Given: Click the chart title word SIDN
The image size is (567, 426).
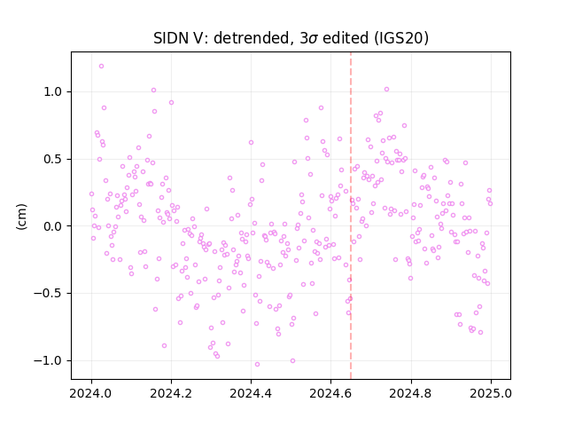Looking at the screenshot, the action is (x=169, y=38).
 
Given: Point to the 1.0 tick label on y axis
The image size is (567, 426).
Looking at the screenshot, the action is (x=53, y=92).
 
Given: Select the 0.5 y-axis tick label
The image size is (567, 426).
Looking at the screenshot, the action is (x=53, y=160).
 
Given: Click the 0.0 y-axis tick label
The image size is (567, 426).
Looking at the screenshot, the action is (x=53, y=226).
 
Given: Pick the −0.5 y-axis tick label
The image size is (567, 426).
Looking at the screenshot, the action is (x=49, y=294).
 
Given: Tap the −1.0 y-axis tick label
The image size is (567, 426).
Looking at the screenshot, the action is (x=49, y=361).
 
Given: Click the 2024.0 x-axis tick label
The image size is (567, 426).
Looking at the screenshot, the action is (x=91, y=393).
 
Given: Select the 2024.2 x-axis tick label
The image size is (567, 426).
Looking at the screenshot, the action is (x=171, y=393).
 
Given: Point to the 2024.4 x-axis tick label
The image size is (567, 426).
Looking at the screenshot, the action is (x=251, y=393).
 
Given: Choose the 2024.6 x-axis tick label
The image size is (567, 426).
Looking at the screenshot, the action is (x=330, y=393).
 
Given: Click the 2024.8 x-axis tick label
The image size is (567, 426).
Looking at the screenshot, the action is (x=410, y=393).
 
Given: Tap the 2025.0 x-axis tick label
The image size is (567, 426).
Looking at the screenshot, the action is (x=491, y=393).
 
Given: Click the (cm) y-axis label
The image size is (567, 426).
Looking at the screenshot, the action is (x=21, y=217).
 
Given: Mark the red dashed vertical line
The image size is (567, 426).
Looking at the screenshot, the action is (x=351, y=216).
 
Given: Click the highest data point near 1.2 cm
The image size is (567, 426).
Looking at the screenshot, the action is (x=101, y=67).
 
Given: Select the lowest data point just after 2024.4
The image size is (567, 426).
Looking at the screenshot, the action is (x=257, y=365).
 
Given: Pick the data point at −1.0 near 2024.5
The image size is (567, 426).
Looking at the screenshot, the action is (x=292, y=361).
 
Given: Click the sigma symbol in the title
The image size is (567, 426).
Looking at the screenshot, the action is (x=313, y=39).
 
